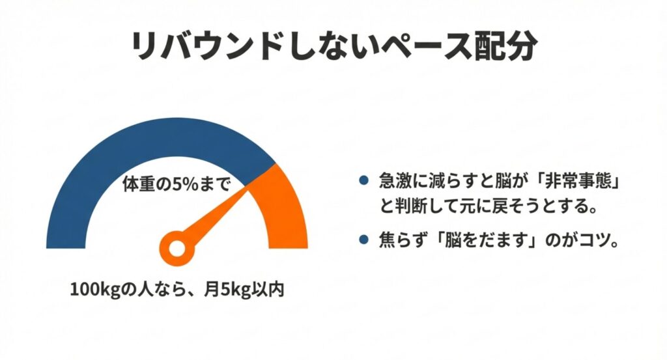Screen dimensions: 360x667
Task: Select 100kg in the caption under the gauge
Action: pos(94,288)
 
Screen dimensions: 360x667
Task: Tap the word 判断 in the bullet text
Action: pos(416,208)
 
